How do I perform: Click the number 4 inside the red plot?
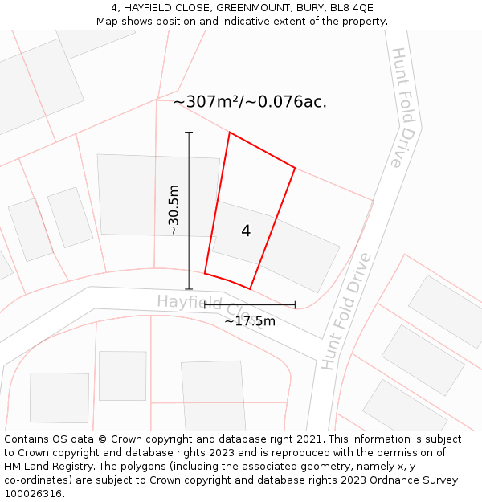click(246, 231)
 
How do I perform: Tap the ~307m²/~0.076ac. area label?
click(250, 102)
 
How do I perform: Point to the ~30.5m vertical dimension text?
click(174, 210)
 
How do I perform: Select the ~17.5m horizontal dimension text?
click(249, 321)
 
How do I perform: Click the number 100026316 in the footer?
click(31, 494)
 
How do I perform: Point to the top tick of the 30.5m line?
click(189, 133)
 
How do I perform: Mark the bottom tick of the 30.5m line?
click(189, 289)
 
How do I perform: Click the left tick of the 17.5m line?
click(204, 304)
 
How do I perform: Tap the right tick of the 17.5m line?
click(295, 304)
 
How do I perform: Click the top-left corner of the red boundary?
click(230, 133)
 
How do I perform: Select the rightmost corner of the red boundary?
click(295, 168)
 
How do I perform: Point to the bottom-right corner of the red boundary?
click(250, 288)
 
